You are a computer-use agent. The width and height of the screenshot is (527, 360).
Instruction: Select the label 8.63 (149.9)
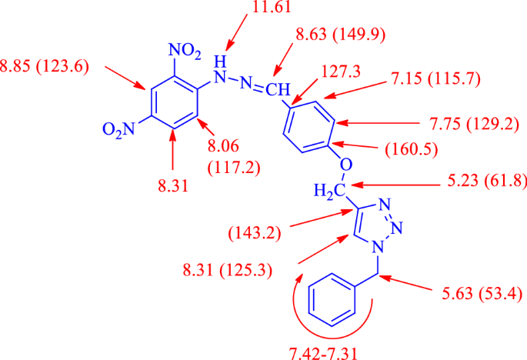click(341, 35)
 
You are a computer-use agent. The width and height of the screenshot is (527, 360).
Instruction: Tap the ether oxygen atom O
click(345, 165)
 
